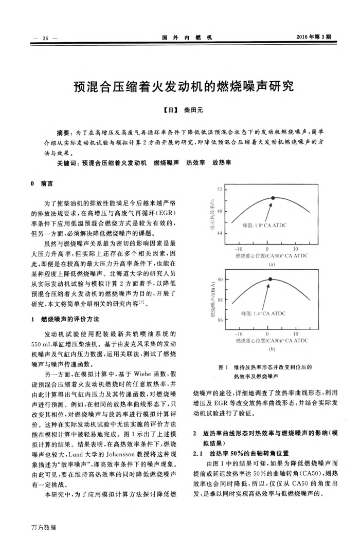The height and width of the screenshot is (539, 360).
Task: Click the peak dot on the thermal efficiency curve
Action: [273, 197]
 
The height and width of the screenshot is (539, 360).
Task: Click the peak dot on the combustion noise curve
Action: [271, 279]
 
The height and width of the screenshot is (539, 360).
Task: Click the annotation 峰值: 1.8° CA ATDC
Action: [264, 225]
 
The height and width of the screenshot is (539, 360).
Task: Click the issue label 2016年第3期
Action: [314, 37]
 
